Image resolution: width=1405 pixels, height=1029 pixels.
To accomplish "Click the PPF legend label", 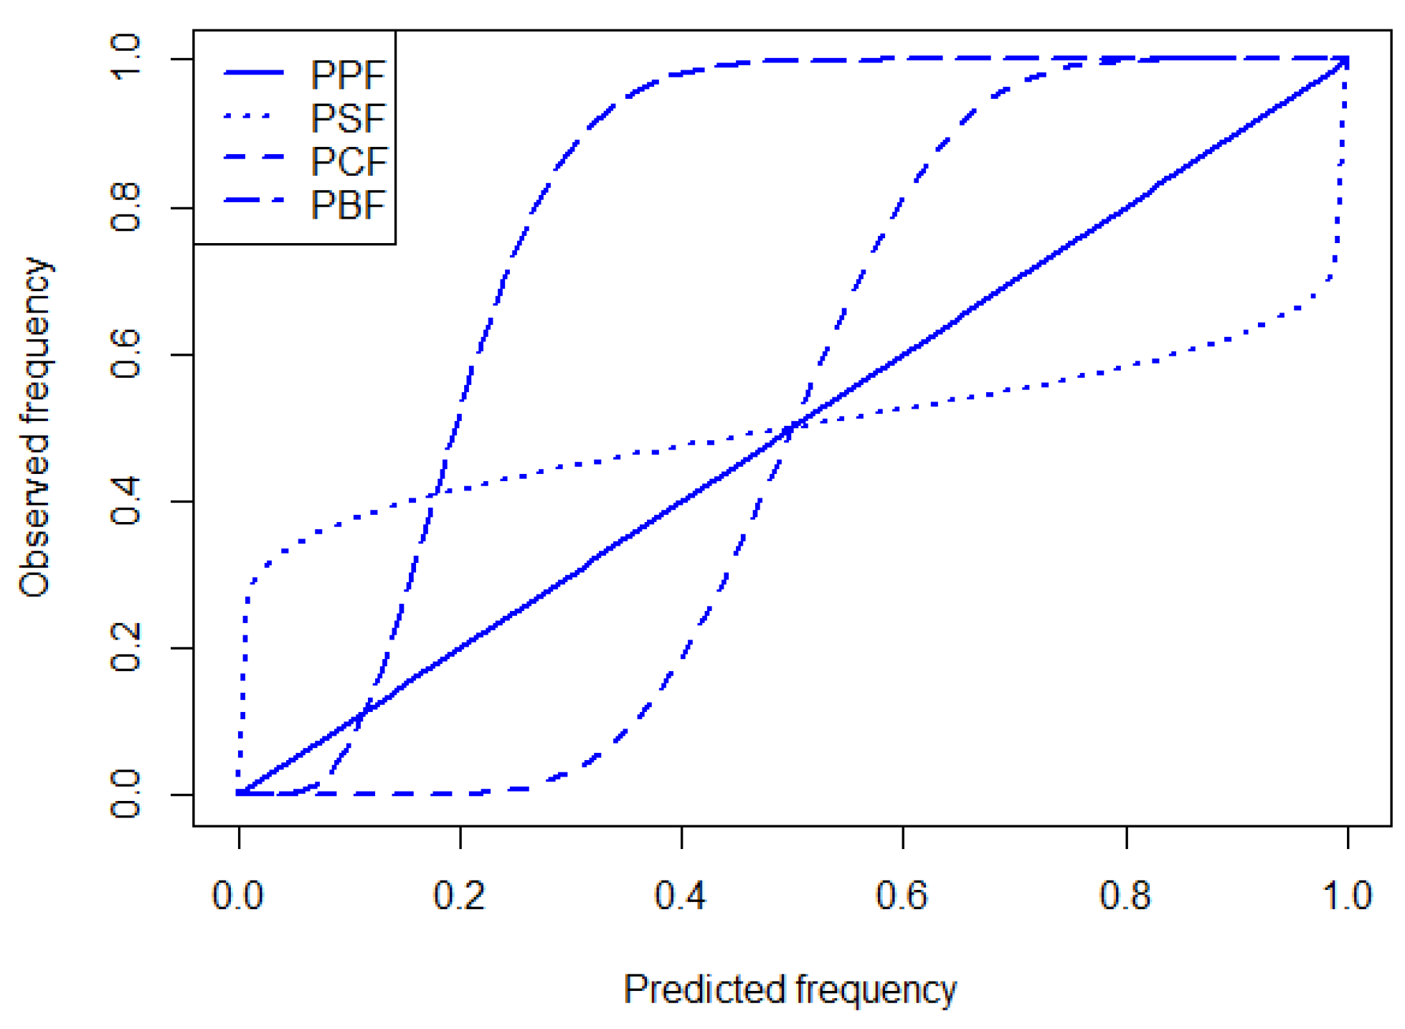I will (x=349, y=75).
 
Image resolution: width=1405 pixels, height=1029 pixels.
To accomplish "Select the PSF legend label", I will (x=349, y=118).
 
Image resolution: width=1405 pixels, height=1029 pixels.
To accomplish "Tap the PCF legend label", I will (x=349, y=161).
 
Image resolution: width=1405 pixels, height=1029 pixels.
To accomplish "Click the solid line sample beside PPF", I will (x=254, y=72).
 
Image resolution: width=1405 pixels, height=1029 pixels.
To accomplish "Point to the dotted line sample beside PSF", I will (x=248, y=115).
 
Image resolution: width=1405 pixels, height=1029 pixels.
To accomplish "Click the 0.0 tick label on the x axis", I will (x=238, y=896).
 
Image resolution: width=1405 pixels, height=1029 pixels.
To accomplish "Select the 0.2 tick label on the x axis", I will (x=460, y=896).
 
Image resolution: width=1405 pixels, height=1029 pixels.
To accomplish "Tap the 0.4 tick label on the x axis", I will (x=681, y=896).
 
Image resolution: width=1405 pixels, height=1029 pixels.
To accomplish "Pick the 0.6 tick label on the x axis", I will (x=902, y=896).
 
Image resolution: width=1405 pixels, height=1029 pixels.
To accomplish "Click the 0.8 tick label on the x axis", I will (x=1125, y=896).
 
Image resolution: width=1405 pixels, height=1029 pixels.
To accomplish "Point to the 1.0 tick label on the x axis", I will (x=1347, y=896).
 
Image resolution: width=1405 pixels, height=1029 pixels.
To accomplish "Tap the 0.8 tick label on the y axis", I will (x=126, y=207).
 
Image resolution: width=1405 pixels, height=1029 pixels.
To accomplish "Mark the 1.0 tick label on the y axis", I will (x=126, y=57).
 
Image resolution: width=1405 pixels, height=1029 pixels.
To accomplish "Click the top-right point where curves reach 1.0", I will (x=1347, y=60).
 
